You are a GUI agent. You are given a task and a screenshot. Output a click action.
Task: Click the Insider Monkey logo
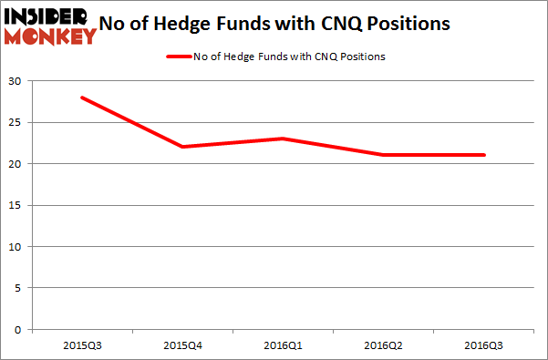50,25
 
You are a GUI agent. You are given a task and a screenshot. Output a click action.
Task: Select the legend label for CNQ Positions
288,57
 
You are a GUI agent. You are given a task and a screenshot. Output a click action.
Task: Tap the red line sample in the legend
178,57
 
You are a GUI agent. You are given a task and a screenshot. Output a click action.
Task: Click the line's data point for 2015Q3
83,98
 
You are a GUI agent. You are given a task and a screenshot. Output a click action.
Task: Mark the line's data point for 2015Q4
183,147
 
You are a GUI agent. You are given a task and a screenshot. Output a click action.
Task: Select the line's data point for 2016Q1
284,139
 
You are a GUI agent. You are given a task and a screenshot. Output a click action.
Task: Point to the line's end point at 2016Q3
484,155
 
